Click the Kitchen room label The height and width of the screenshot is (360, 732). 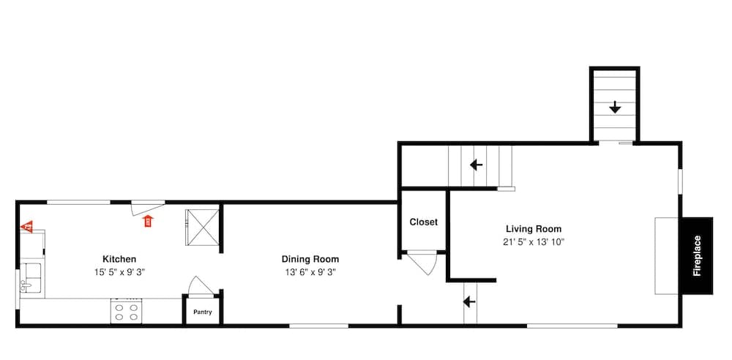pyautogui.click(x=119, y=259)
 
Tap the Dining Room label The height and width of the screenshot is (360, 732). pyautogui.click(x=310, y=259)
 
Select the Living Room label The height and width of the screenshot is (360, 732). pyautogui.click(x=534, y=229)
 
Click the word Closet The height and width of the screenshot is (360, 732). pyautogui.click(x=423, y=222)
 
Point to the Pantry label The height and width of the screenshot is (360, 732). pyautogui.click(x=202, y=312)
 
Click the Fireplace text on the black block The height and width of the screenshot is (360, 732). pyautogui.click(x=697, y=256)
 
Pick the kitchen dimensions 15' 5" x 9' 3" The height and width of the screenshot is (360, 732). pyautogui.click(x=119, y=272)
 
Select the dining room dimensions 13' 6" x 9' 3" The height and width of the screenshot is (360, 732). pyautogui.click(x=310, y=272)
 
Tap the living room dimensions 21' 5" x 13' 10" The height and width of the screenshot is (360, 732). pyautogui.click(x=534, y=242)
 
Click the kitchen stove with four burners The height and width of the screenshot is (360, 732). pyautogui.click(x=126, y=311)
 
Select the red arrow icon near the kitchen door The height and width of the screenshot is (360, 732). pyautogui.click(x=149, y=221)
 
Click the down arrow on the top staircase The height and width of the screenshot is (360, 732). pyautogui.click(x=615, y=108)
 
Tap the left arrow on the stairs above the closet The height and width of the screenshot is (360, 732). pyautogui.click(x=476, y=165)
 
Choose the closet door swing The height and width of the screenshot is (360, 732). pyautogui.click(x=425, y=264)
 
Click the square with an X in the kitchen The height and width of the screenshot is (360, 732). pyautogui.click(x=202, y=228)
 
